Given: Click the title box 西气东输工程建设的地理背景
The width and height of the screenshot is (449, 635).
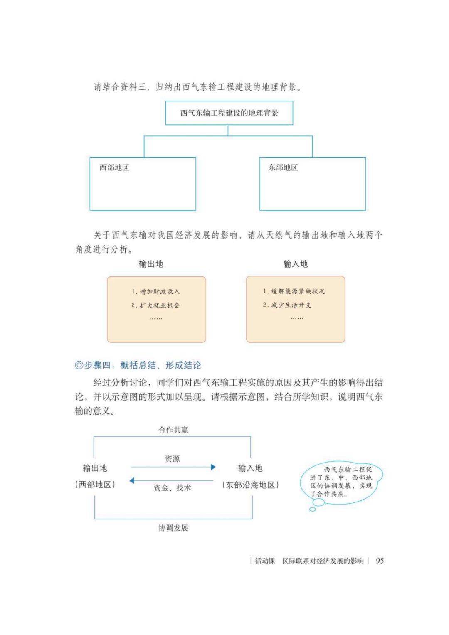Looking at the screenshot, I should coord(229,113).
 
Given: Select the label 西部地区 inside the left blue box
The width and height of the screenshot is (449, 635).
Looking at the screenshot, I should coord(114,167).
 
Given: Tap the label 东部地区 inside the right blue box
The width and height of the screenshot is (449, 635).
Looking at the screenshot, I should coord(283,167).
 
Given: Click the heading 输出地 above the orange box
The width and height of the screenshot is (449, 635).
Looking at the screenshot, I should coord(151,264).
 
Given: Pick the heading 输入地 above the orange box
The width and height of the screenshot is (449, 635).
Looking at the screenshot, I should coord(295,264).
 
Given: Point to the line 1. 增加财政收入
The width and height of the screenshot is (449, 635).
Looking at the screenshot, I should coord(155,291).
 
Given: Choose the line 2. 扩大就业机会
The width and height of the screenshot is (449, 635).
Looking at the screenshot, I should coord(155,305).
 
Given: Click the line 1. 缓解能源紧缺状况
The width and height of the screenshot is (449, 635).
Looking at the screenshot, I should coord(294,291).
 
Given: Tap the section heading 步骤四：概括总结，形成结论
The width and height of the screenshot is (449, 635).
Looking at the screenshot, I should coord(138,365).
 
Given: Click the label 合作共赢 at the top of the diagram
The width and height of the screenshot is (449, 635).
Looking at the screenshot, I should coord(173,430).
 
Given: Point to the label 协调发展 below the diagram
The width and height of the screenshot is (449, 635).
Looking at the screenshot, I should coord(173,528).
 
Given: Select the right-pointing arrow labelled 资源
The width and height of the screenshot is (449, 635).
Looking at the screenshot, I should coord(173,467).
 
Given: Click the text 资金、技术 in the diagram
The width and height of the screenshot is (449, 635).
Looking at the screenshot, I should coord(172,488).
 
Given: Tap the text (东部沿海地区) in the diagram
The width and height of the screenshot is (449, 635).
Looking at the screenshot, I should coord(250,485).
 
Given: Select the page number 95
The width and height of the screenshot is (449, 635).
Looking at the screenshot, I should coord(380,560).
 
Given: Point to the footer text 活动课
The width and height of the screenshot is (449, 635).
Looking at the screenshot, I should coord(265,561).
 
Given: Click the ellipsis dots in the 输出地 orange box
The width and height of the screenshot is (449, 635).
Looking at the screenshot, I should coord(156,318).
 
